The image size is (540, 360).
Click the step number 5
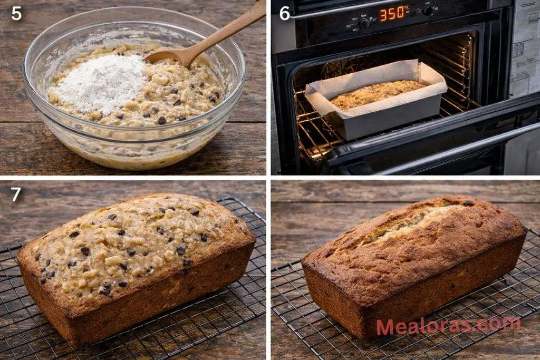(x=16, y=13)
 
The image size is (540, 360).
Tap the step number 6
(x=285, y=13)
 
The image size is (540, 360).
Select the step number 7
(x=16, y=194)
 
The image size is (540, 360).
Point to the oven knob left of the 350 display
(x=364, y=24)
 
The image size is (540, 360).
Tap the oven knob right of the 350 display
(x=428, y=11)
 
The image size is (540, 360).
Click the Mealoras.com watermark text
(x=448, y=325)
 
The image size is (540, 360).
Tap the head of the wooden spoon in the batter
(x=166, y=56)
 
